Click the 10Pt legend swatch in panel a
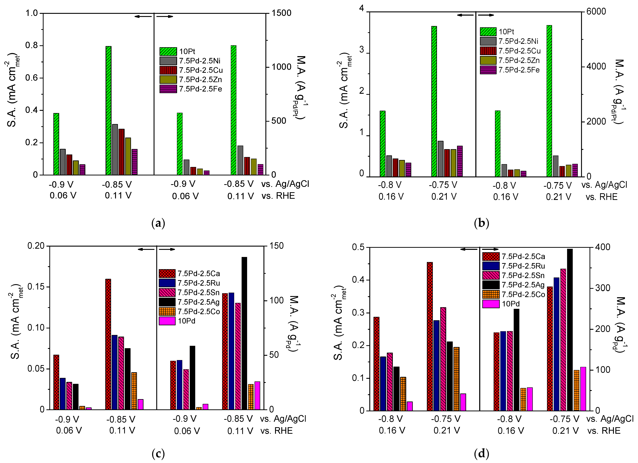pyautogui.click(x=168, y=51)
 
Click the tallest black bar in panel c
pyautogui.click(x=244, y=333)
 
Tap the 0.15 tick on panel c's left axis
pyautogui.click(x=36, y=287)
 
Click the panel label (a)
pyautogui.click(x=158, y=224)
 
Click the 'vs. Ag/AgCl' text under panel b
pyautogui.click(x=604, y=185)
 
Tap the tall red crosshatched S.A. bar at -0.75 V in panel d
pyautogui.click(x=430, y=336)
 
